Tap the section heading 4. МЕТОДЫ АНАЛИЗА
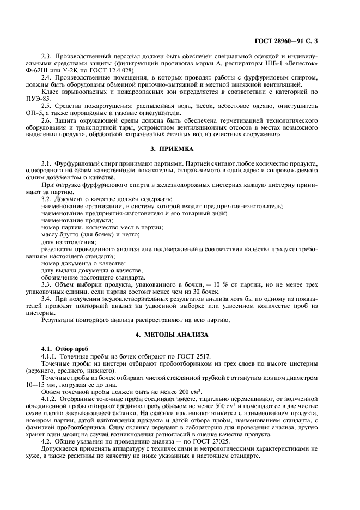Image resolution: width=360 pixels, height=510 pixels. point(179,333)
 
